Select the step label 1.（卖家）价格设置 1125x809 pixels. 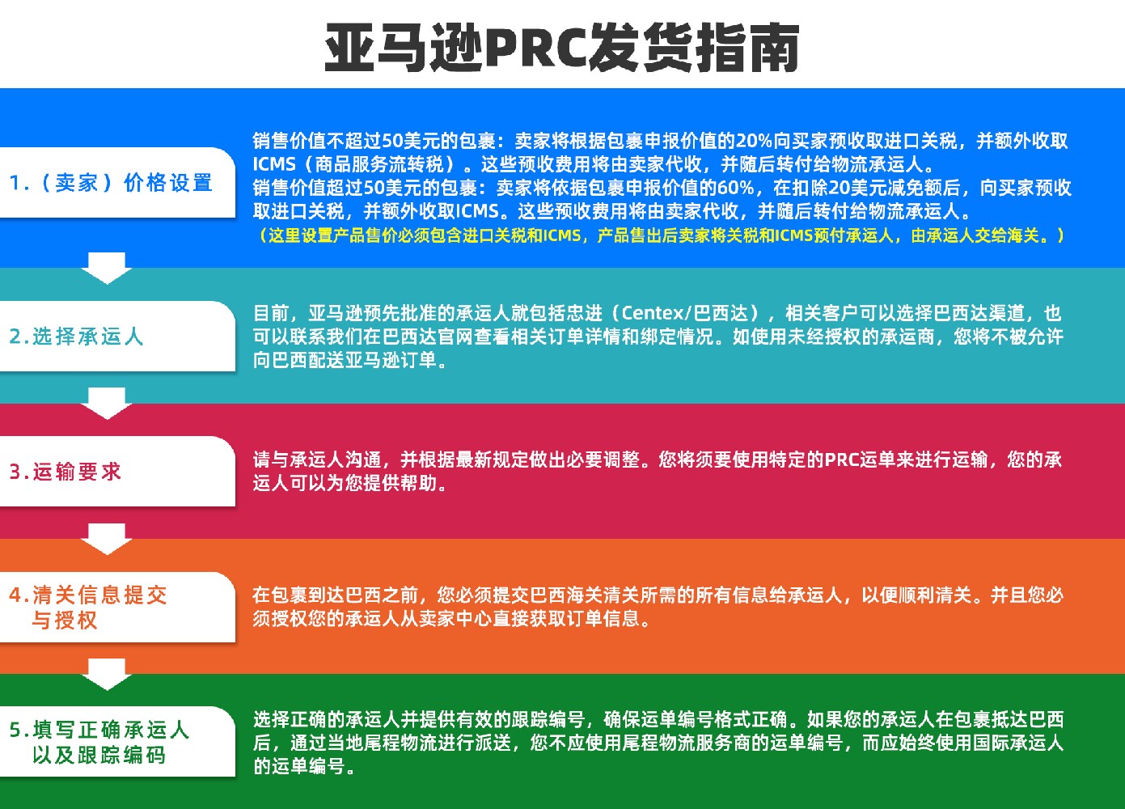[x=111, y=183]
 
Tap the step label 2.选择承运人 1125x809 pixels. [x=76, y=337]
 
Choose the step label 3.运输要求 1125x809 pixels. [x=66, y=472]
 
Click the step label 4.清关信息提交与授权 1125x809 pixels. [x=88, y=608]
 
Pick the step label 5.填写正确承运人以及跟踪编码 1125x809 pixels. [x=99, y=742]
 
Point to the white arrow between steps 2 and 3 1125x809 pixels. [x=107, y=404]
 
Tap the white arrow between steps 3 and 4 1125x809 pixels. [x=107, y=539]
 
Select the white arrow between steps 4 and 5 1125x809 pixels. [x=107, y=675]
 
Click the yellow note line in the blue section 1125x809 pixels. [x=662, y=235]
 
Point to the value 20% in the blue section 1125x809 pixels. [x=754, y=141]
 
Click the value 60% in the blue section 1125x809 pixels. [x=736, y=188]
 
